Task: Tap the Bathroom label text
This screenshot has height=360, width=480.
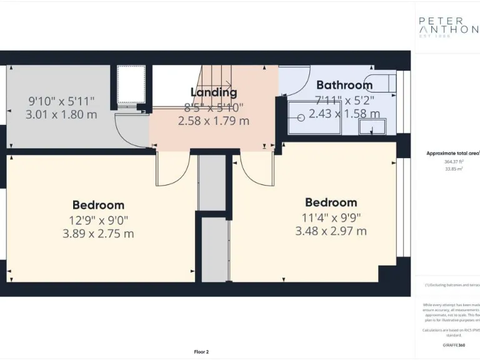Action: (344, 85)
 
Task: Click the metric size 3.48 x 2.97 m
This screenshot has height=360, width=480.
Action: (331, 231)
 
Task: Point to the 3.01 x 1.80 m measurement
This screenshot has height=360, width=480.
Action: (61, 114)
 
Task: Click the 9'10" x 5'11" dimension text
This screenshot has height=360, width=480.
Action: (61, 100)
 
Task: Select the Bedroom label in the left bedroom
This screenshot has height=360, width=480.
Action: (98, 205)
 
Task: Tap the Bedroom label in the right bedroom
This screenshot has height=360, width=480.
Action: (331, 202)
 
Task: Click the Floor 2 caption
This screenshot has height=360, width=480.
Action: (201, 352)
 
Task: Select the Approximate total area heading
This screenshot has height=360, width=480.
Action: (452, 153)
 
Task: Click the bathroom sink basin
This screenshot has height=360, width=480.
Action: (373, 127)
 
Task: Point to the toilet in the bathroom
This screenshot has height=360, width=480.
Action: (381, 82)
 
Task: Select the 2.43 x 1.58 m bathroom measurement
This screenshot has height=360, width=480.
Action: (344, 114)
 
